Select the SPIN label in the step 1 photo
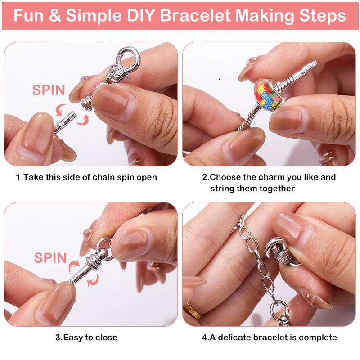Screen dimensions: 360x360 coord(49,90)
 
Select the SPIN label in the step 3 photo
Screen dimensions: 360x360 coord(50,258)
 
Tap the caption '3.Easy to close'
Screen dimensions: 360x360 coord(86,337)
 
